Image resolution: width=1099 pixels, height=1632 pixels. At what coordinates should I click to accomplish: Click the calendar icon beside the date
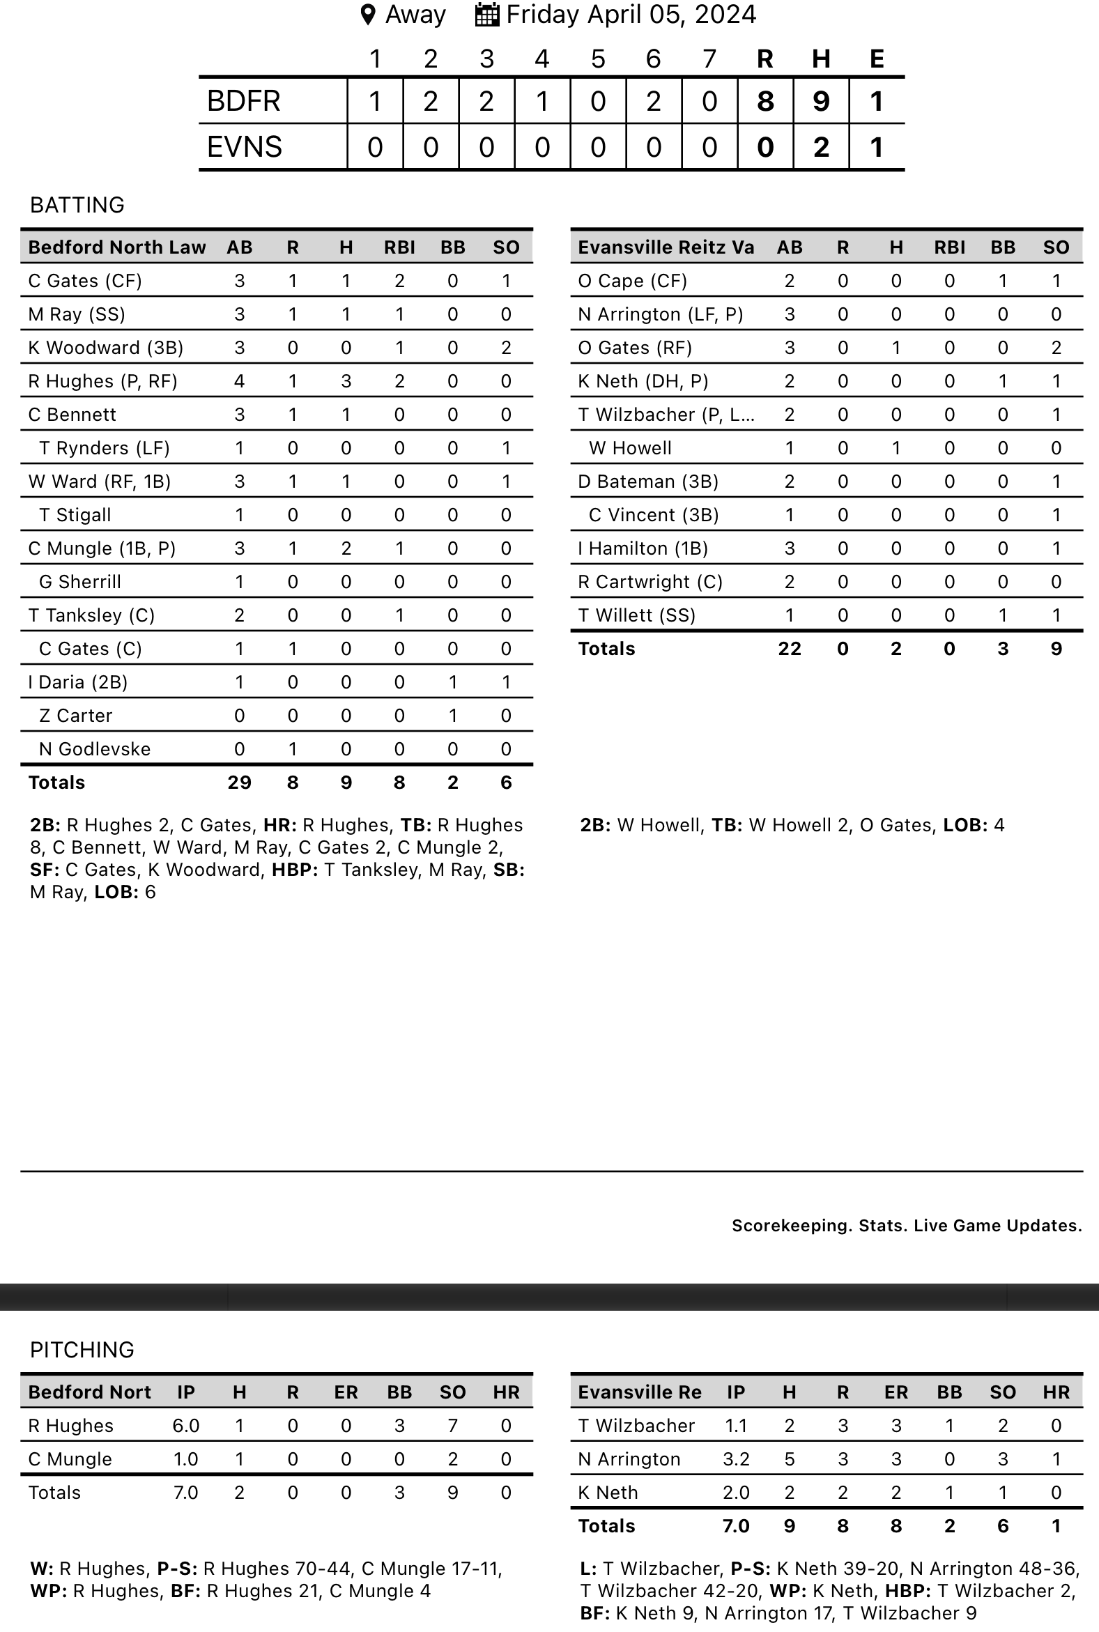coord(487,15)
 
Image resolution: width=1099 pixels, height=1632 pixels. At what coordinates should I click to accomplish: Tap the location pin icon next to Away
coord(367,15)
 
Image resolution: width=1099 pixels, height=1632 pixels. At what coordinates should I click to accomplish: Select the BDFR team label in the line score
coord(244,102)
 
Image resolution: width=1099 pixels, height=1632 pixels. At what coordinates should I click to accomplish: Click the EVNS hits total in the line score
coord(821,147)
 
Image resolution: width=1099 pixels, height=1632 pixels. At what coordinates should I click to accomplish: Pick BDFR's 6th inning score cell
coord(653,102)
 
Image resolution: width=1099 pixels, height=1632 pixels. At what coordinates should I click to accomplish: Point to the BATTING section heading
coord(77,205)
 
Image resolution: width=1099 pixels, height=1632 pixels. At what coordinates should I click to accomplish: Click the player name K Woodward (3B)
coord(106,348)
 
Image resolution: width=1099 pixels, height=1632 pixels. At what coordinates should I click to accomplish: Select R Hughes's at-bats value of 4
coord(239,381)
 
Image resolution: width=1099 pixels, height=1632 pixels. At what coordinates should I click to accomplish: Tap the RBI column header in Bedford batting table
coord(399,247)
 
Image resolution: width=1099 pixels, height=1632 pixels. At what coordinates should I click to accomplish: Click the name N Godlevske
coord(95,749)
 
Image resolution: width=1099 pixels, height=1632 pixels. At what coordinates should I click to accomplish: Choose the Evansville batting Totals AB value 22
coord(789,649)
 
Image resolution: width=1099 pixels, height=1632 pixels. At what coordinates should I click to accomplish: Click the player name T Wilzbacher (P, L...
coord(666,415)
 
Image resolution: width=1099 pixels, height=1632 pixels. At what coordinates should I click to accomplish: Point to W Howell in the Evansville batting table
coord(630,449)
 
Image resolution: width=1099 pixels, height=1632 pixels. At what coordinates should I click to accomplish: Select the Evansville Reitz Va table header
coord(666,247)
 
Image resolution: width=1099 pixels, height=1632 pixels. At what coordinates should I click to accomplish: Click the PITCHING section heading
coord(82,1350)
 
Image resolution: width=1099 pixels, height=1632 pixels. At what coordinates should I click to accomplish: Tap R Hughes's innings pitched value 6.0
coord(186,1426)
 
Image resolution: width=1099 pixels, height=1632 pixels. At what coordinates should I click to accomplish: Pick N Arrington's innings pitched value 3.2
coord(736,1460)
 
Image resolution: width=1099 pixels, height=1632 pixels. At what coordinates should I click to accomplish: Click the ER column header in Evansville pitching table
coord(896,1392)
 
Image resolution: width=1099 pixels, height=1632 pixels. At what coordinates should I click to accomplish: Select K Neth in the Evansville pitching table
coord(608,1493)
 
